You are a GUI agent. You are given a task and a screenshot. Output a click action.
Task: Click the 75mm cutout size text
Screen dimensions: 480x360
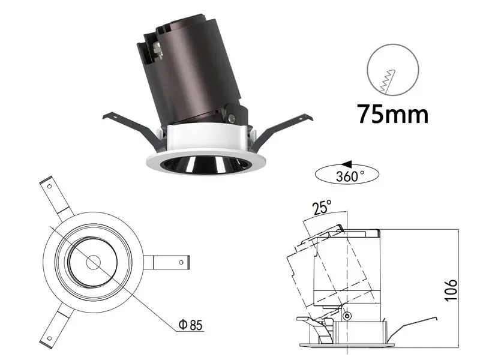tap(393, 114)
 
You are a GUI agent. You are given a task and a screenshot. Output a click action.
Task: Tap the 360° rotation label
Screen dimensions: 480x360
tap(350, 176)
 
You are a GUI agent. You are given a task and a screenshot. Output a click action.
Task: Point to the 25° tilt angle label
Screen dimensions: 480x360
tap(322, 208)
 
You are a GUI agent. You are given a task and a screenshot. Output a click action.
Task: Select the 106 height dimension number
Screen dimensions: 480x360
tap(451, 290)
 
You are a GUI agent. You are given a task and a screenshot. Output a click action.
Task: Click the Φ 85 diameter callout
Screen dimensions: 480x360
tap(191, 325)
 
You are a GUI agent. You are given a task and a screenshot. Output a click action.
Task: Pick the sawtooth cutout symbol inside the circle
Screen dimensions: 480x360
tap(388, 81)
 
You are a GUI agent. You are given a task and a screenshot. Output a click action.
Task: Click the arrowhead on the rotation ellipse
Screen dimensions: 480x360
tap(347, 164)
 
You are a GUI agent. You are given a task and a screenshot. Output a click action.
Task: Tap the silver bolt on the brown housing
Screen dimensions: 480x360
tap(158, 50)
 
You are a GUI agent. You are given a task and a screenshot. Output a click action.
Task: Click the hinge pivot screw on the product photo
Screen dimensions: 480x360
tap(232, 117)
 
